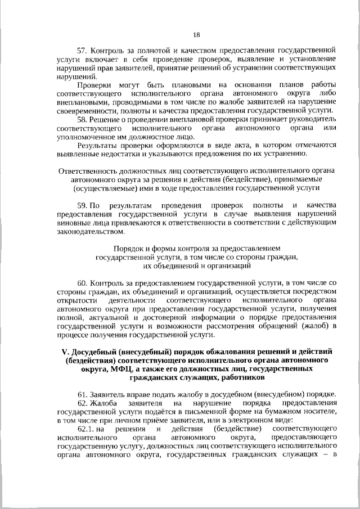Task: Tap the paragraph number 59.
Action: tap(82, 206)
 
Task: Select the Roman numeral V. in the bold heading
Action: tap(64, 352)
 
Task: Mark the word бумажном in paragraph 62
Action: tap(280, 412)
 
